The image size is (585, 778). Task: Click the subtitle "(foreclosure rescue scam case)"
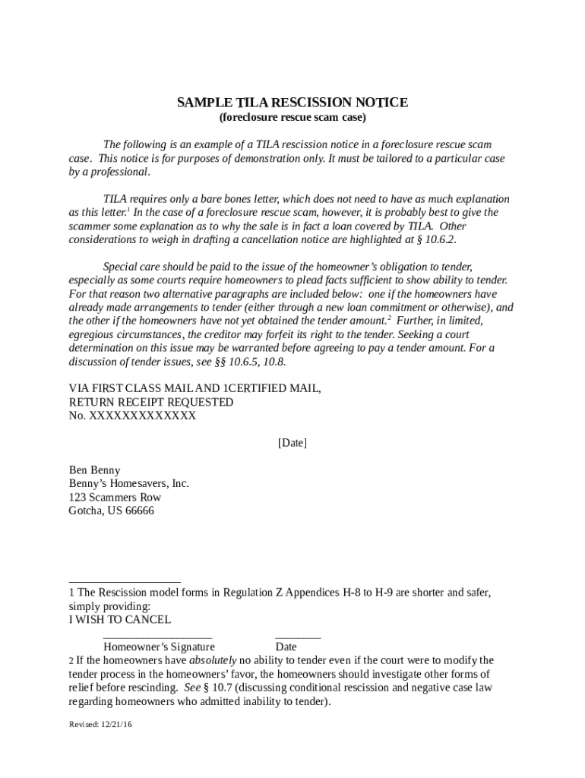292,118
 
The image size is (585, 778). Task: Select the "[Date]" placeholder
292,443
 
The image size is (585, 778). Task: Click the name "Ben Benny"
94,470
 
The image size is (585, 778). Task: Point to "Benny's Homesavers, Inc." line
129,483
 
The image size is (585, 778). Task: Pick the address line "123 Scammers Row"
115,497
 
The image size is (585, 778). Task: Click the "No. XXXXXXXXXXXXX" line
132,416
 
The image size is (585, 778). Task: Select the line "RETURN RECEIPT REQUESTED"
151,402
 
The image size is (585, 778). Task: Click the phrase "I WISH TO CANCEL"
120,620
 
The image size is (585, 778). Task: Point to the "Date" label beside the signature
286,647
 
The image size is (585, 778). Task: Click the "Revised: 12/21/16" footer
100,725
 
